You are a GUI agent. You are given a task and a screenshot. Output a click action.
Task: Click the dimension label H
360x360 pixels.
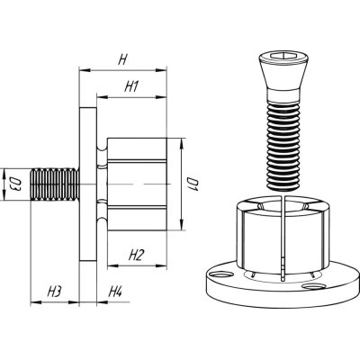pyautogui.click(x=122, y=60)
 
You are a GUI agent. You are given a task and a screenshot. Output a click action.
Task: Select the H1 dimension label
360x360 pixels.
pyautogui.click(x=131, y=87)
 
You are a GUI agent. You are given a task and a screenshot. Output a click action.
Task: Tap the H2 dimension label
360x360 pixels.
pyautogui.click(x=137, y=256)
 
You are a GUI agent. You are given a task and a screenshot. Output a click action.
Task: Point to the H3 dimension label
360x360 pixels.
pyautogui.click(x=55, y=292)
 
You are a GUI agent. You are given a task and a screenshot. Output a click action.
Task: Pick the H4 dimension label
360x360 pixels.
pyautogui.click(x=115, y=292)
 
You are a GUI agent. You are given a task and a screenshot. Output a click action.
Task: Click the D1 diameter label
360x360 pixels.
pyautogui.click(x=193, y=184)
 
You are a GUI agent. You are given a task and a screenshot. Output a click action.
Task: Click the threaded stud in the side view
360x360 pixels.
pyautogui.click(x=55, y=184)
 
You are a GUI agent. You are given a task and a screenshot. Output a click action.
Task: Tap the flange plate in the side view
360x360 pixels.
pyautogui.click(x=88, y=184)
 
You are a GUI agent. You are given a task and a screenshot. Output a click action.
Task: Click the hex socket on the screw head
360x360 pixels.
pyautogui.click(x=283, y=55)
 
